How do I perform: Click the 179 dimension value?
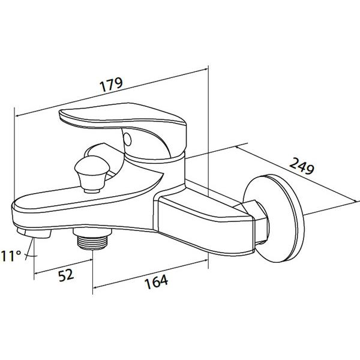coord(111,85)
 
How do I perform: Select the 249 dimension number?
coord(301,166)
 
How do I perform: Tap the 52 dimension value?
coord(67,275)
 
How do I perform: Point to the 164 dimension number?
coord(157,281)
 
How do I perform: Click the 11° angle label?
coord(11,256)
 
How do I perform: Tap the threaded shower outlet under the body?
coord(92,239)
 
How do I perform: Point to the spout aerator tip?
coord(34,233)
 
